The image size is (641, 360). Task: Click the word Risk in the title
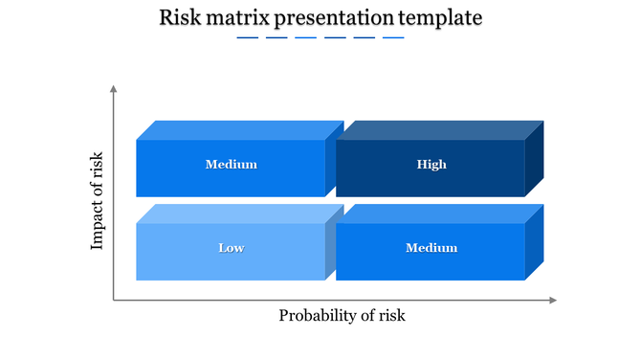[181, 18]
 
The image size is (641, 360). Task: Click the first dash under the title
[248, 38]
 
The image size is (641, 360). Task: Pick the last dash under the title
[393, 38]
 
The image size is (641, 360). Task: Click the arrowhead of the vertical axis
[114, 89]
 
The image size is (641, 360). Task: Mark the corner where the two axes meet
[114, 301]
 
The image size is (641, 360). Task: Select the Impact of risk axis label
[97, 202]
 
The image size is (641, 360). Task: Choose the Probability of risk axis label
[342, 316]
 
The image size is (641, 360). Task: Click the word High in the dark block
[431, 165]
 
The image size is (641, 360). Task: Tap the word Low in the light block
[231, 248]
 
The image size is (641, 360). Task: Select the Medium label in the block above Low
[231, 165]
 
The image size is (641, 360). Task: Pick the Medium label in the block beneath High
[431, 248]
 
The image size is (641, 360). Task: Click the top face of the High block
[440, 130]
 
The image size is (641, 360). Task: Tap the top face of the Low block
[239, 214]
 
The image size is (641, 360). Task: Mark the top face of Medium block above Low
[239, 130]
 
